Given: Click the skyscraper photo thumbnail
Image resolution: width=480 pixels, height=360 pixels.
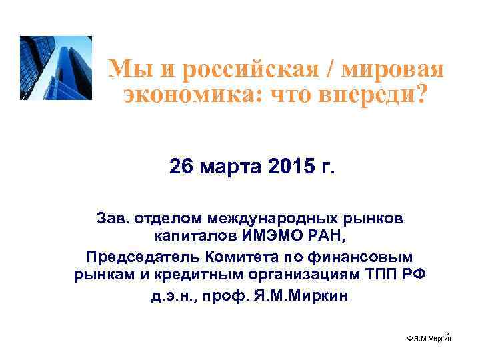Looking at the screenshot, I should [x=56, y=68].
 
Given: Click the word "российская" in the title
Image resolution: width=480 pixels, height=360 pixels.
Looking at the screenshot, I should [x=250, y=69].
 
